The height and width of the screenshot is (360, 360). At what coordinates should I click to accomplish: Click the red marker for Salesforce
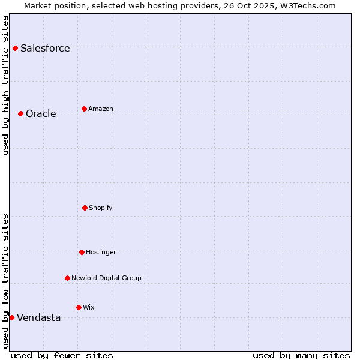click(x=15, y=48)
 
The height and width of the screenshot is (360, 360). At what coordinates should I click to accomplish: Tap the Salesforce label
click(x=45, y=49)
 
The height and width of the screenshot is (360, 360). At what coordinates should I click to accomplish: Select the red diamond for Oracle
click(x=20, y=113)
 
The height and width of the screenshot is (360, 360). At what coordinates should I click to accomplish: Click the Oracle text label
click(x=41, y=114)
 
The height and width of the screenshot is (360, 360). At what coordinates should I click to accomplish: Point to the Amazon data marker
click(x=84, y=109)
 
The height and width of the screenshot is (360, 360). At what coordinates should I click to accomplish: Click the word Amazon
click(x=101, y=109)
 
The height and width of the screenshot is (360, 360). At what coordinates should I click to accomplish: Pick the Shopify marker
click(x=85, y=208)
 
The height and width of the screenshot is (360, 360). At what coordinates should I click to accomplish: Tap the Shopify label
click(x=101, y=208)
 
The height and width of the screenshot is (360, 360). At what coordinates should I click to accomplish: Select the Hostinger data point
click(x=82, y=252)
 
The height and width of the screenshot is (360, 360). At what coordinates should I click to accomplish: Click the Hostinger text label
click(x=101, y=253)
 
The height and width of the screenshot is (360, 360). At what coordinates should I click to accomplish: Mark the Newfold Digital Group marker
click(x=67, y=278)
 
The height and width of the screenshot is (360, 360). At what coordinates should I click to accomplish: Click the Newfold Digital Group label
click(x=106, y=278)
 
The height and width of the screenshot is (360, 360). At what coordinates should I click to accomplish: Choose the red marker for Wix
click(x=79, y=307)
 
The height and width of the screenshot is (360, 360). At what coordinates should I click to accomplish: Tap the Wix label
click(x=89, y=308)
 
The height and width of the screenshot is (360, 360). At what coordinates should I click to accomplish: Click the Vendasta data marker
click(x=11, y=317)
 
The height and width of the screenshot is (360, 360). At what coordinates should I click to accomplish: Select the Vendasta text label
click(x=38, y=318)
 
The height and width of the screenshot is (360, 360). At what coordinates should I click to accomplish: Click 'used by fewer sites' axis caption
click(x=62, y=355)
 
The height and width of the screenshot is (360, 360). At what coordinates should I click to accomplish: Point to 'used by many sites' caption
click(x=301, y=355)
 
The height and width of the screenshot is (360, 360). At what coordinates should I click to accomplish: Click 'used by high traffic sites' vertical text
click(x=5, y=85)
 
